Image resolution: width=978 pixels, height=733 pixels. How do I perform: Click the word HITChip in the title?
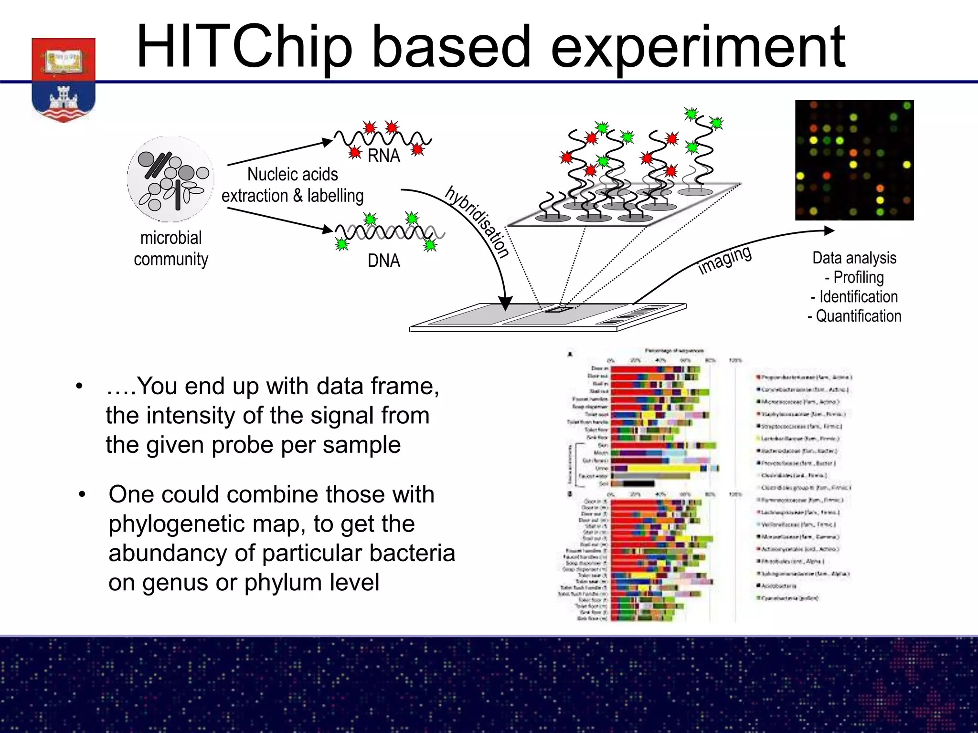pos(244,48)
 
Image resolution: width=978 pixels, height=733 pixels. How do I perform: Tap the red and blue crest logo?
pos(64,79)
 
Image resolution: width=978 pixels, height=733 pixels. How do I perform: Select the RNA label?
pos(383,156)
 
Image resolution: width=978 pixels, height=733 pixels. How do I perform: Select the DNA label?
pos(383,261)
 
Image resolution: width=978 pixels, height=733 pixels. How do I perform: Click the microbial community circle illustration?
pos(170,179)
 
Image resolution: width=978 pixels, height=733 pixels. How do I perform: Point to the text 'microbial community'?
pos(170,248)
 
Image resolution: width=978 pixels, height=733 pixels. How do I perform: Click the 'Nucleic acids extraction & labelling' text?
pos(292,185)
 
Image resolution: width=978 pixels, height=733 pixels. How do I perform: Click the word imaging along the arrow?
pos(724,260)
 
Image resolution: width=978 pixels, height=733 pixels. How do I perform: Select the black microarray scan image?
pos(854,160)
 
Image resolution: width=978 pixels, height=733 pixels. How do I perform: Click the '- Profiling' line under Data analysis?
pos(854,277)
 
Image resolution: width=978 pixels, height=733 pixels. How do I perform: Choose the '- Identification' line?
pos(854,297)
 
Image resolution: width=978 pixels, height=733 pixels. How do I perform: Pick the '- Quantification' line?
pos(854,316)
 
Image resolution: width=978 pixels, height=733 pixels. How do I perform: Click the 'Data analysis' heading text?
pos(854,258)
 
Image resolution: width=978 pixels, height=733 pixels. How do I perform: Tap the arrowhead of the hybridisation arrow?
pos(505,303)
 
